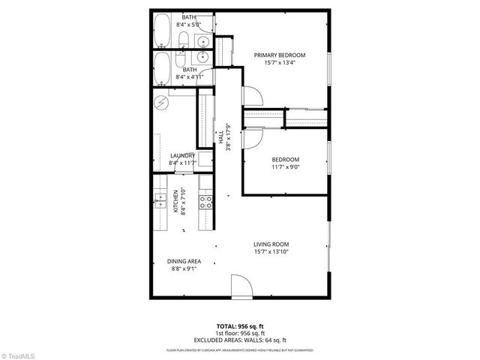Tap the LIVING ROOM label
coord(271,244)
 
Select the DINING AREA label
coord(183,261)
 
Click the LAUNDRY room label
coord(182,156)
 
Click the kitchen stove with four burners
coord(204,199)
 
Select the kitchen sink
coord(160,199)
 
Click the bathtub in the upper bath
coord(162,31)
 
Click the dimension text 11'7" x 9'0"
coord(285,168)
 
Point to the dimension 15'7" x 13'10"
coord(271,253)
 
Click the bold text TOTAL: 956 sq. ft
coord(240,326)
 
